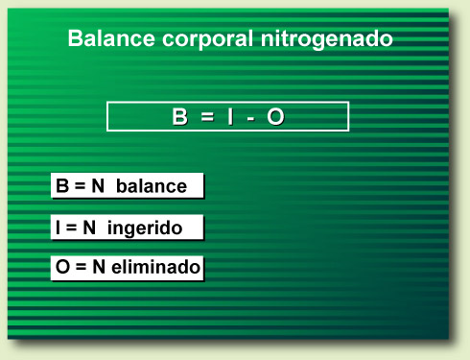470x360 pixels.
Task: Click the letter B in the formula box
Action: [179, 117]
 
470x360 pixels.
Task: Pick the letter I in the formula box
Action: [231, 117]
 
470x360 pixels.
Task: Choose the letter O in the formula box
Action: [275, 117]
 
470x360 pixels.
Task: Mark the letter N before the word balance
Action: [98, 186]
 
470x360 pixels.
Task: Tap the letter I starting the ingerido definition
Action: [59, 228]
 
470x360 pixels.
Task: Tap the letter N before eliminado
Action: [99, 269]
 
